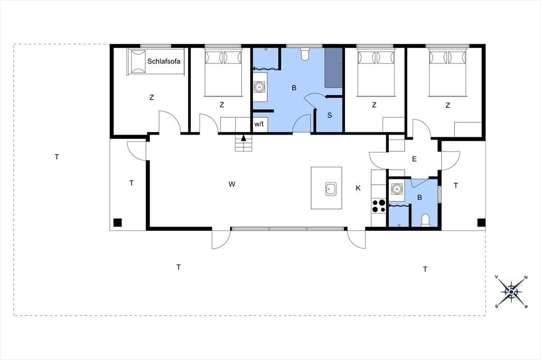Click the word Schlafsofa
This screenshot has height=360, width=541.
(164, 61)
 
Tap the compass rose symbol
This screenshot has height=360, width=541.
(511, 292)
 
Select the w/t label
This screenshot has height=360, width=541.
(259, 124)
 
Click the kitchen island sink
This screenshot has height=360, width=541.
(331, 188)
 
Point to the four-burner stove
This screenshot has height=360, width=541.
(378, 206)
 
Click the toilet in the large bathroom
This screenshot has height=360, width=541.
(305, 54)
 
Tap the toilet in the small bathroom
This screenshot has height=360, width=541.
(426, 220)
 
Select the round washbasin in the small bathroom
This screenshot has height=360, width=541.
(396, 188)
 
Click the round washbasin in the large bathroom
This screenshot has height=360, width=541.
(259, 87)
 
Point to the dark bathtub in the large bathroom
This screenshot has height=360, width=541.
(333, 68)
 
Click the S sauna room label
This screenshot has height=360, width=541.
(330, 115)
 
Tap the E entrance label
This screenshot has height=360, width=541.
(414, 159)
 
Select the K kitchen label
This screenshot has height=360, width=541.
(358, 188)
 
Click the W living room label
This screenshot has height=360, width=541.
(232, 184)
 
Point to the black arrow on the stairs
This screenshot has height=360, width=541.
(244, 138)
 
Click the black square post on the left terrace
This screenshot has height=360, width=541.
(118, 222)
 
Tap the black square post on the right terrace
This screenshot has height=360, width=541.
(481, 222)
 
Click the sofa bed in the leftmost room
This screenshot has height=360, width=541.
(156, 62)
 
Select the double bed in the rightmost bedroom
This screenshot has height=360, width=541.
(447, 72)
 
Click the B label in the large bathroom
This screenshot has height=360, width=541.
(294, 88)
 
